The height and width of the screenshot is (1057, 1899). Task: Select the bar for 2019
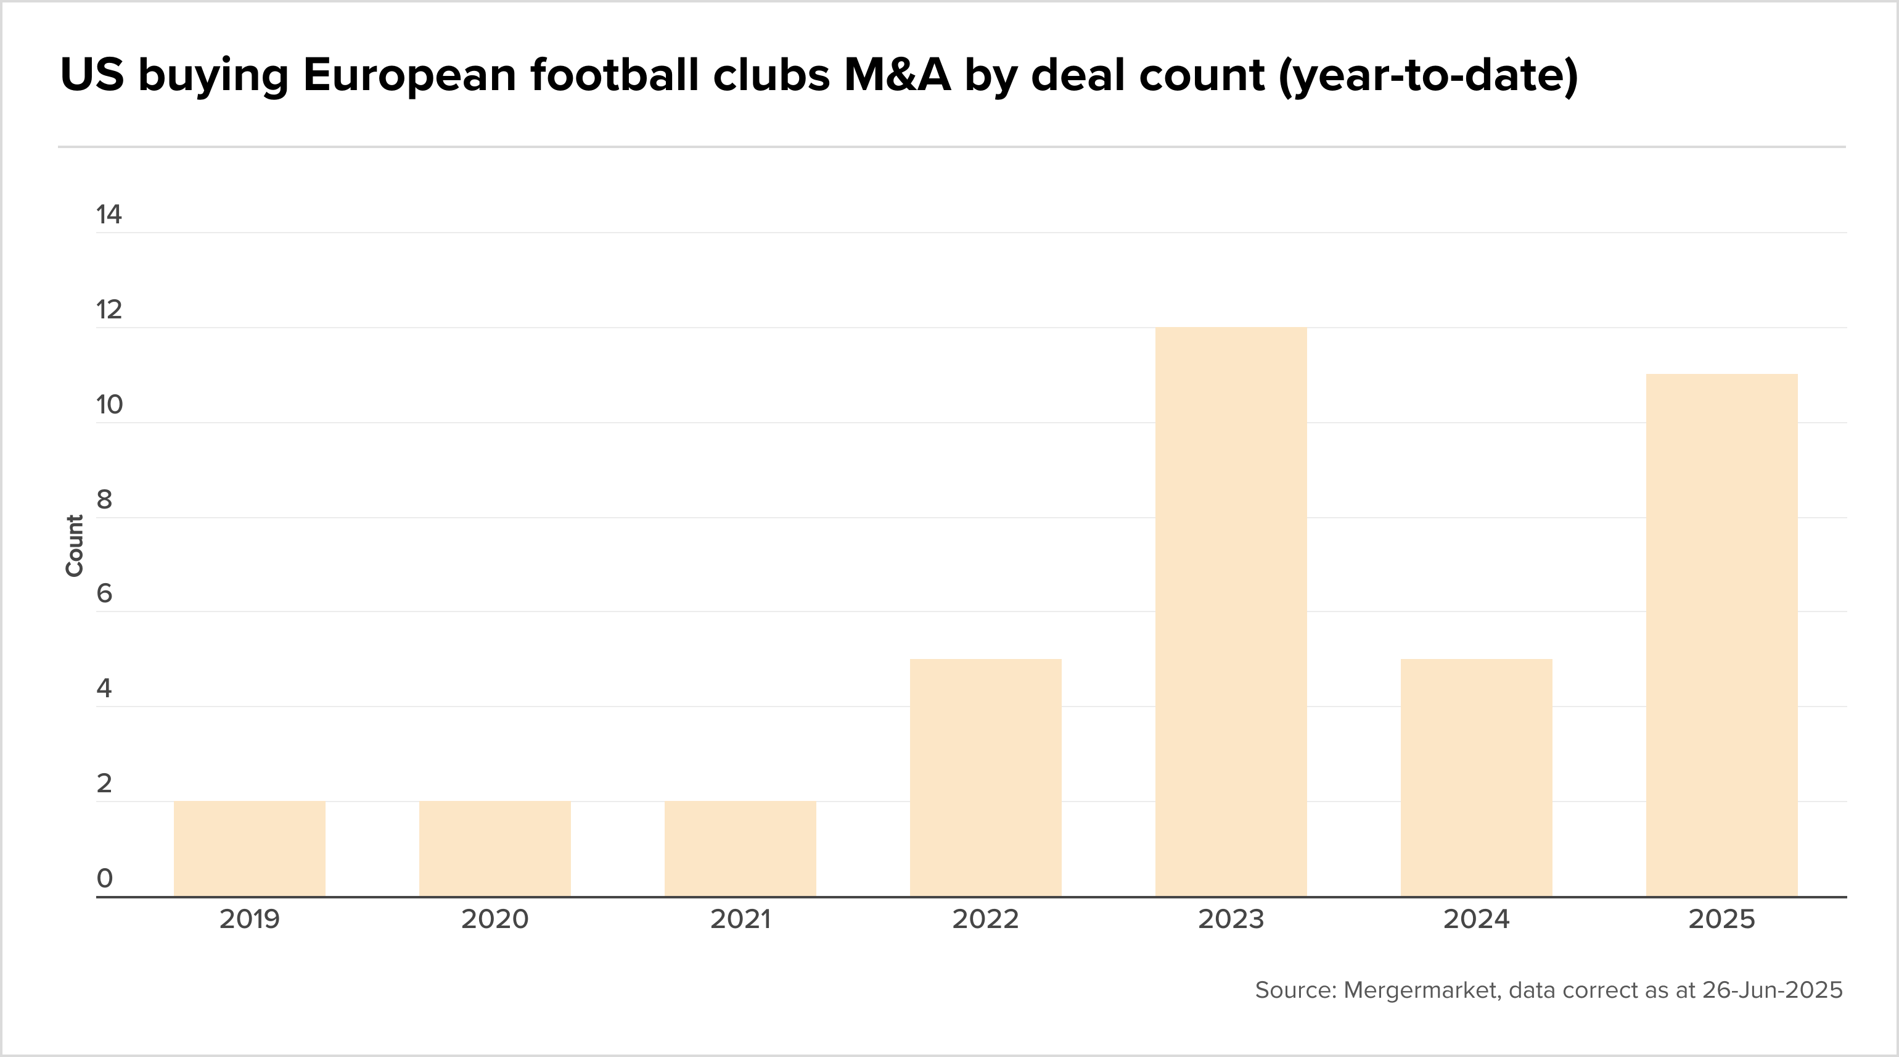pos(249,848)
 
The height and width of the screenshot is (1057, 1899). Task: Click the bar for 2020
pos(494,848)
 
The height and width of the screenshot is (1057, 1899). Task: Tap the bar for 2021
pos(740,848)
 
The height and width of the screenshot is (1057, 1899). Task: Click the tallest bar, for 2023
pos(1231,611)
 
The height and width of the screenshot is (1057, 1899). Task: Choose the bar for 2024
pos(1476,777)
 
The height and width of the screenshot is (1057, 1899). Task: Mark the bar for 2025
pos(1721,635)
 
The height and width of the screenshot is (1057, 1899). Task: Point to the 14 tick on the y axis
pos(109,215)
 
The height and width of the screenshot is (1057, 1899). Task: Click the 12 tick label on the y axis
pos(109,310)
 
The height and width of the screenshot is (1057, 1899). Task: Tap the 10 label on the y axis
pos(109,405)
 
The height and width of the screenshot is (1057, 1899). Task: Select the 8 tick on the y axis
pos(104,500)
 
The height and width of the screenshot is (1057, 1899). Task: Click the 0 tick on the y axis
pos(104,879)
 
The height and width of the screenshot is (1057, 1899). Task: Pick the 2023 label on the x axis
pos(1231,919)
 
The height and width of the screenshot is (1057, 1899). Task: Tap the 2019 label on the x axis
pos(249,919)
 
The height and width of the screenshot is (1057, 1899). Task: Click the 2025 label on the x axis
pos(1721,919)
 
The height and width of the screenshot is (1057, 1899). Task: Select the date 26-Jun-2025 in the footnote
pos(1771,990)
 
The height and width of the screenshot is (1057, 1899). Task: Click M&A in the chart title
pos(897,75)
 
